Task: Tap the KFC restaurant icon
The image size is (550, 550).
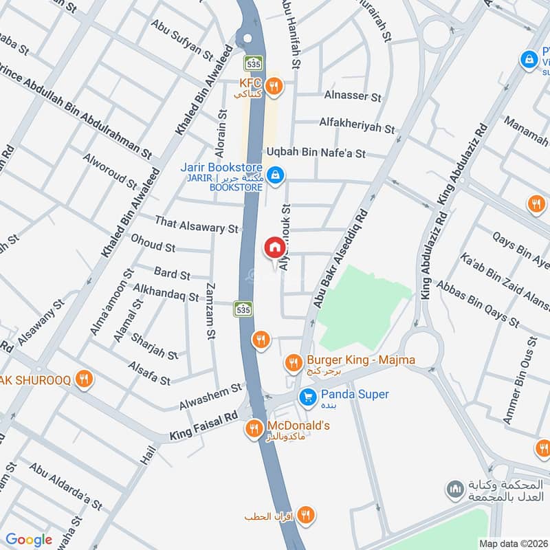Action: (x=274, y=86)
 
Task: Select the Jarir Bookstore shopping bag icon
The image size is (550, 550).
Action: (x=275, y=175)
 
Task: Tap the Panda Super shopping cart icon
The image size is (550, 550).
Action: (x=307, y=396)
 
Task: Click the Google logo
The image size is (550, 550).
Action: (x=29, y=540)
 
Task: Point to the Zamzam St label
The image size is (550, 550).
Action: (x=211, y=311)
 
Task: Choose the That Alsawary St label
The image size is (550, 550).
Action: (x=196, y=223)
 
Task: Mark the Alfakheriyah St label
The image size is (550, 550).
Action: (x=357, y=125)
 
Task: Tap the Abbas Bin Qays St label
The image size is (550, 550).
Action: (x=478, y=303)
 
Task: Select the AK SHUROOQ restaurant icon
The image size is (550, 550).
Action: (x=84, y=379)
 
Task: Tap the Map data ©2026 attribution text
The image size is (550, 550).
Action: (x=513, y=543)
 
